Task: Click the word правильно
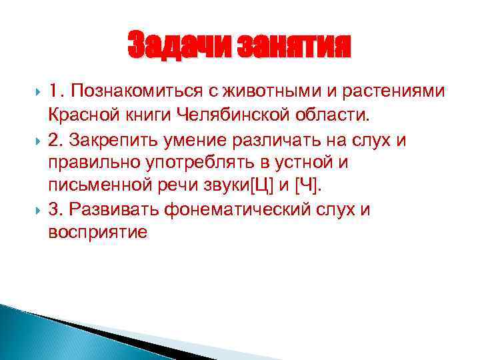(87, 162)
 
